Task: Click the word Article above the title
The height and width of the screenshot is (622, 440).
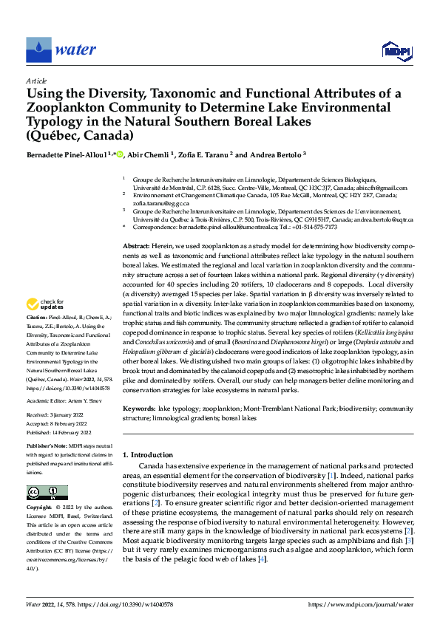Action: click(x=36, y=81)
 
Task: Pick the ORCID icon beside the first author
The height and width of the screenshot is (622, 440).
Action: click(x=120, y=154)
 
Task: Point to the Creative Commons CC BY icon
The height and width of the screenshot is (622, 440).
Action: click(x=47, y=493)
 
